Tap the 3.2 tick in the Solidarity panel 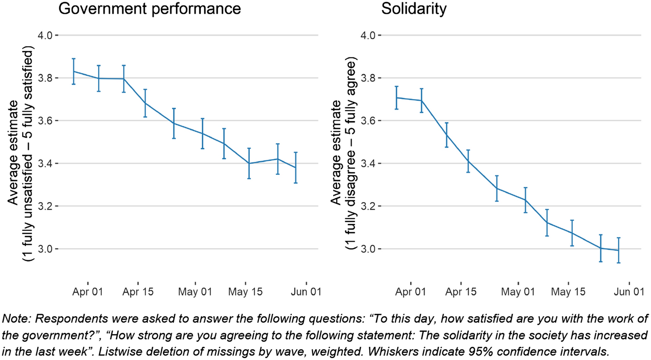(371, 206)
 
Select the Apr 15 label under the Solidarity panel (461, 292)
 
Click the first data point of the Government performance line (74, 71)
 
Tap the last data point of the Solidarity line (618, 250)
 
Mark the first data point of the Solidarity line (397, 98)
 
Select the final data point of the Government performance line (295, 168)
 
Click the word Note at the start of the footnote (13, 319)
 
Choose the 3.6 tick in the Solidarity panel (371, 121)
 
